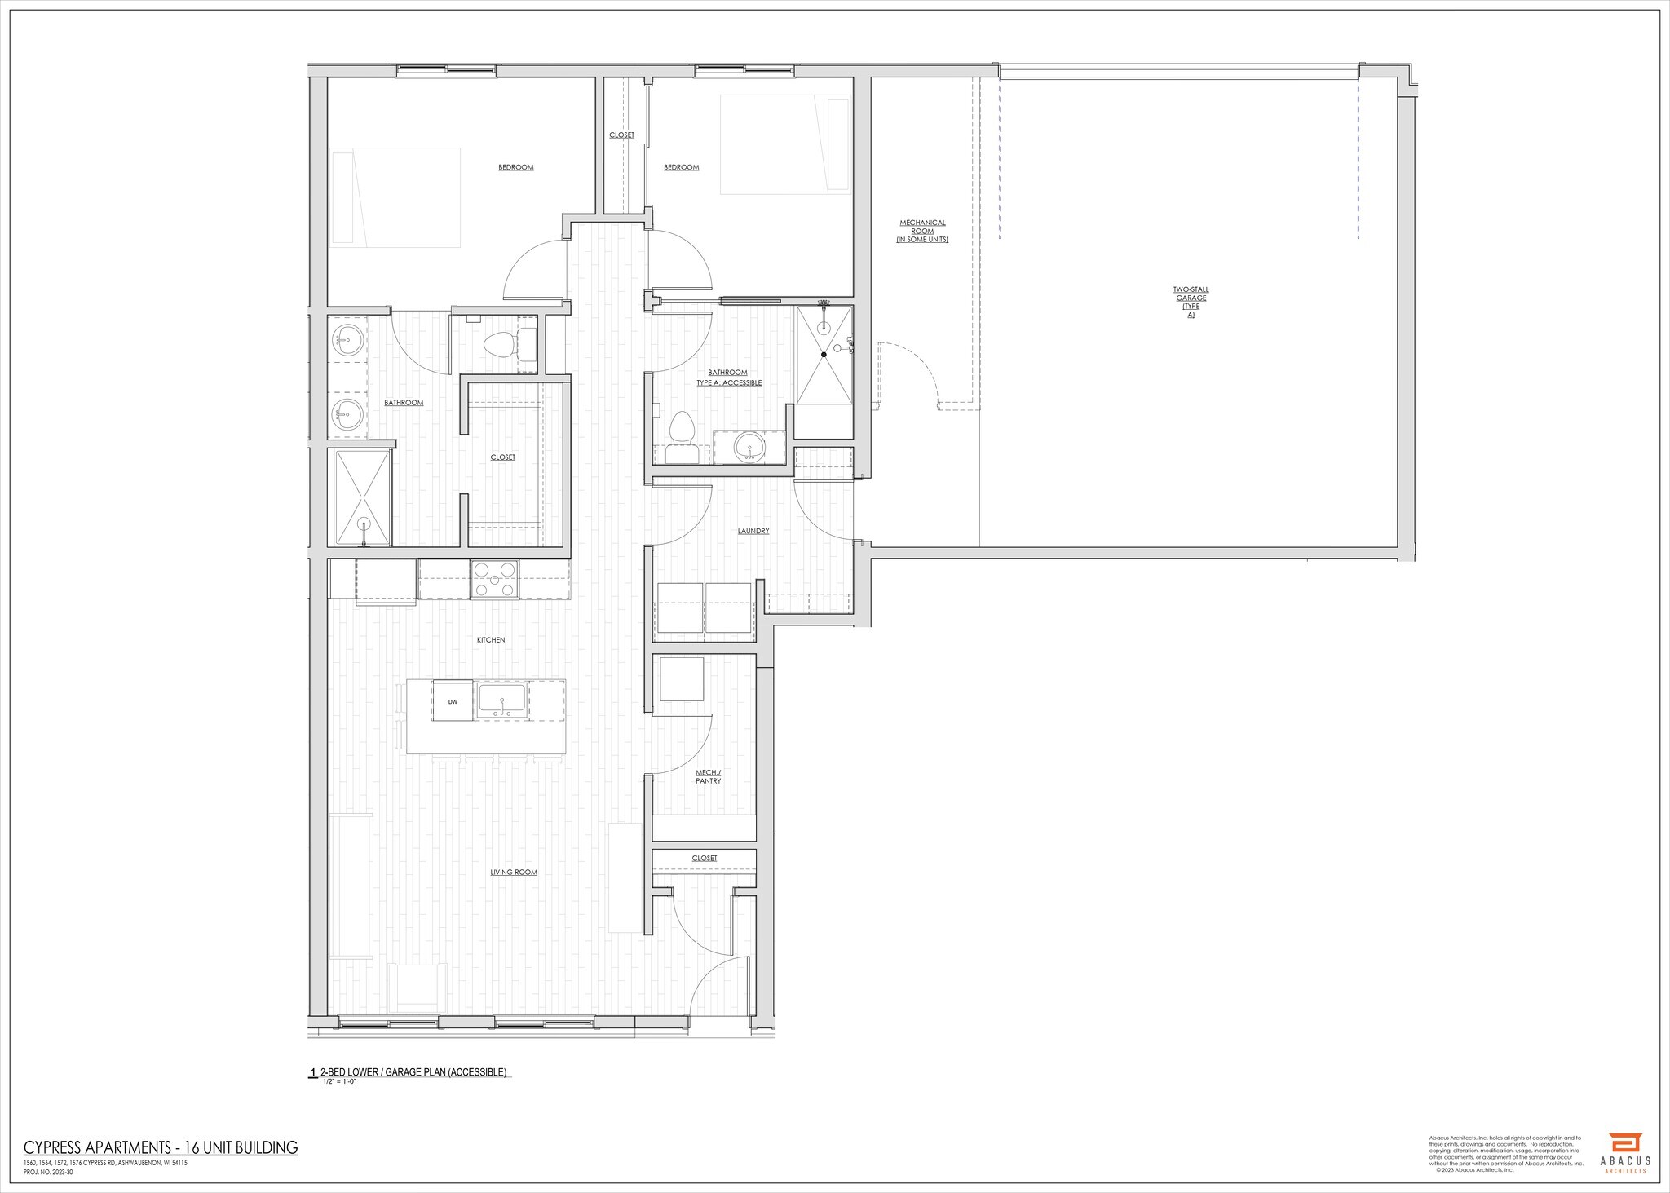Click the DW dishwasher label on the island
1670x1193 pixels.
tap(452, 701)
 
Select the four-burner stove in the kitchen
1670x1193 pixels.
tap(494, 579)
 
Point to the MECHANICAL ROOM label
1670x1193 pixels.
tap(922, 231)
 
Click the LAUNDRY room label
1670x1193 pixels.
tap(753, 531)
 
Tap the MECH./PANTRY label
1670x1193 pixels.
tap(708, 776)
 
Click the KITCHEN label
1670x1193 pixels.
tap(491, 640)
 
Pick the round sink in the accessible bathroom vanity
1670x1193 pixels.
tap(749, 446)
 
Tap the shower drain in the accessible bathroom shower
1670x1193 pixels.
tap(824, 355)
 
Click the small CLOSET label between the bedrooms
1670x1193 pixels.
tap(621, 135)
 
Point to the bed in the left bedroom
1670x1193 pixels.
tap(395, 197)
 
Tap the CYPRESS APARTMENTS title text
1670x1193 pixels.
tap(161, 1148)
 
